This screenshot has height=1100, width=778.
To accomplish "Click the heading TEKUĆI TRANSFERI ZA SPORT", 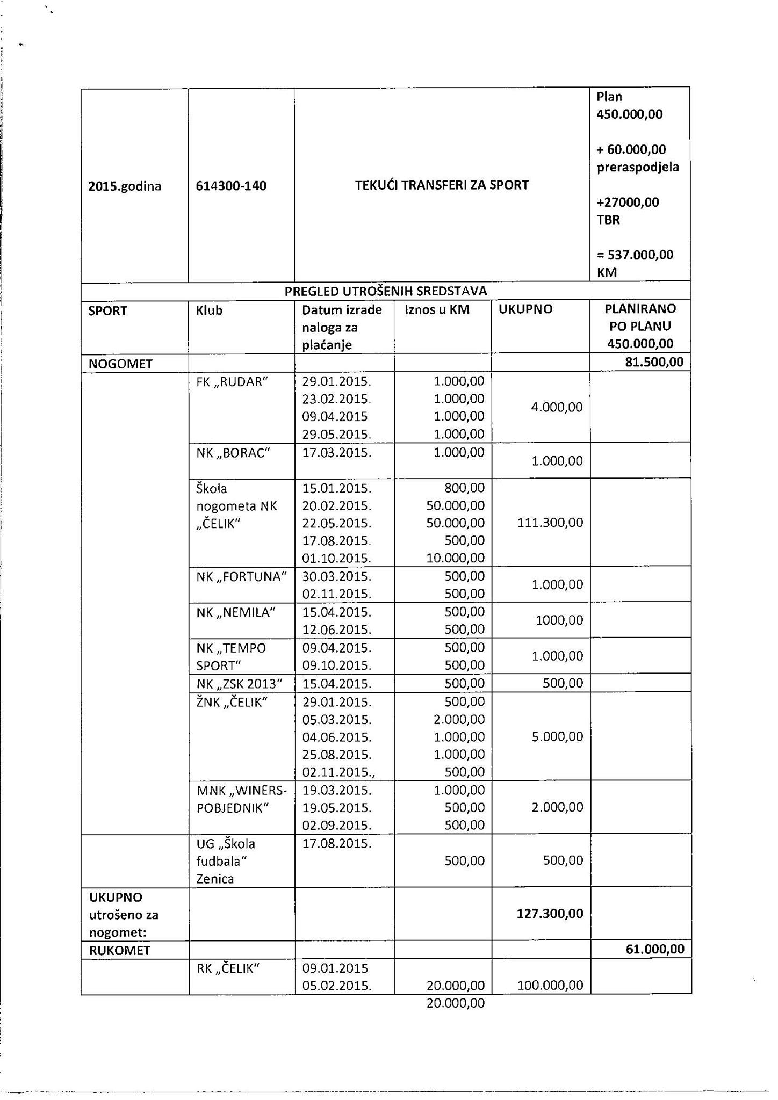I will pyautogui.click(x=442, y=185).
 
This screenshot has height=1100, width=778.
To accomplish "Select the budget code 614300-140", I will pyautogui.click(x=231, y=186).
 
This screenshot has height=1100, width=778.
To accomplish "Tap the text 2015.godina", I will pyautogui.click(x=125, y=186).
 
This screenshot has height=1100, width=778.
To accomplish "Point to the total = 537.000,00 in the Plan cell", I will pyautogui.click(x=635, y=255).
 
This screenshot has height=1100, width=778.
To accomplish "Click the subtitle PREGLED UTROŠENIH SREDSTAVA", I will pyautogui.click(x=385, y=291).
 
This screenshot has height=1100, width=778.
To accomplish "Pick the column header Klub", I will pyautogui.click(x=209, y=310).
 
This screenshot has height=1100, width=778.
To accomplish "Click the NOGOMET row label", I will pyautogui.click(x=120, y=364).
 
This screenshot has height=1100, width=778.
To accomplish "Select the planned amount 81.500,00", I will pyautogui.click(x=654, y=362).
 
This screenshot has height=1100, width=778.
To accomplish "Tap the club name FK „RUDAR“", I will pyautogui.click(x=232, y=381).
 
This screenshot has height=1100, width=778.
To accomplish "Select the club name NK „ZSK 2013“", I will pyautogui.click(x=239, y=684).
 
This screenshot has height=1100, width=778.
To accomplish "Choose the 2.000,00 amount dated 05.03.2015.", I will pyautogui.click(x=459, y=719).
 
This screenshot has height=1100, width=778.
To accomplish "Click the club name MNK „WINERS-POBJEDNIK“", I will pyautogui.click(x=241, y=799).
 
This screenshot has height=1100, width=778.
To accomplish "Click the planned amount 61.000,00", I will pyautogui.click(x=655, y=949).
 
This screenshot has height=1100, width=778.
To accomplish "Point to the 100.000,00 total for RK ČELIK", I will pyautogui.click(x=550, y=985).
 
